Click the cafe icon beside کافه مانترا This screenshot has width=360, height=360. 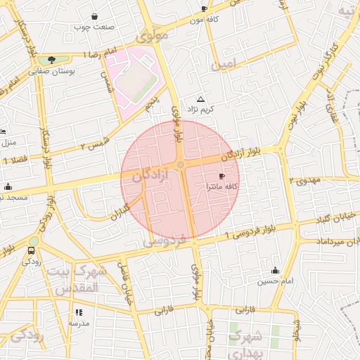tap(222, 176)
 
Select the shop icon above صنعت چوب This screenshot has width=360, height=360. tap(95, 16)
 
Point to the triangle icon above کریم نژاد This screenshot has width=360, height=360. tap(201, 99)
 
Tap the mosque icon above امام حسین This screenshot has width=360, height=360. tap(275, 271)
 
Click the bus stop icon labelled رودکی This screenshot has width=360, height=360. tap(32, 251)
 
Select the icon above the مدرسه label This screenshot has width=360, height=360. tap(79, 312)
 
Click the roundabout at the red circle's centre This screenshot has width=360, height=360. tap(181, 165)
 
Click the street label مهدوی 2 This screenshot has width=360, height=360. tap(304, 180)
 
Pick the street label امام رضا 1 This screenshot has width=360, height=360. tap(98, 54)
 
